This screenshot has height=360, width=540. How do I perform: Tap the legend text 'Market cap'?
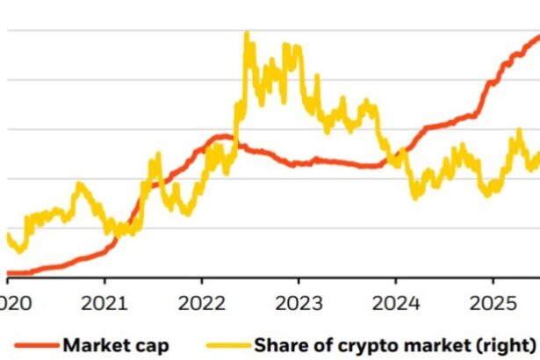click(115, 344)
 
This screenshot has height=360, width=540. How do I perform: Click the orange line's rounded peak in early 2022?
click(225, 136)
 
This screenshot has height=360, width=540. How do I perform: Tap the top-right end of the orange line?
click(537, 36)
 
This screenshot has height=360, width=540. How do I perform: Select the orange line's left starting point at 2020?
click(8, 273)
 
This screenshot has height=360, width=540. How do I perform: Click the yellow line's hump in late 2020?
click(80, 184)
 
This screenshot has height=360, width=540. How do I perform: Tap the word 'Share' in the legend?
click(278, 344)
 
